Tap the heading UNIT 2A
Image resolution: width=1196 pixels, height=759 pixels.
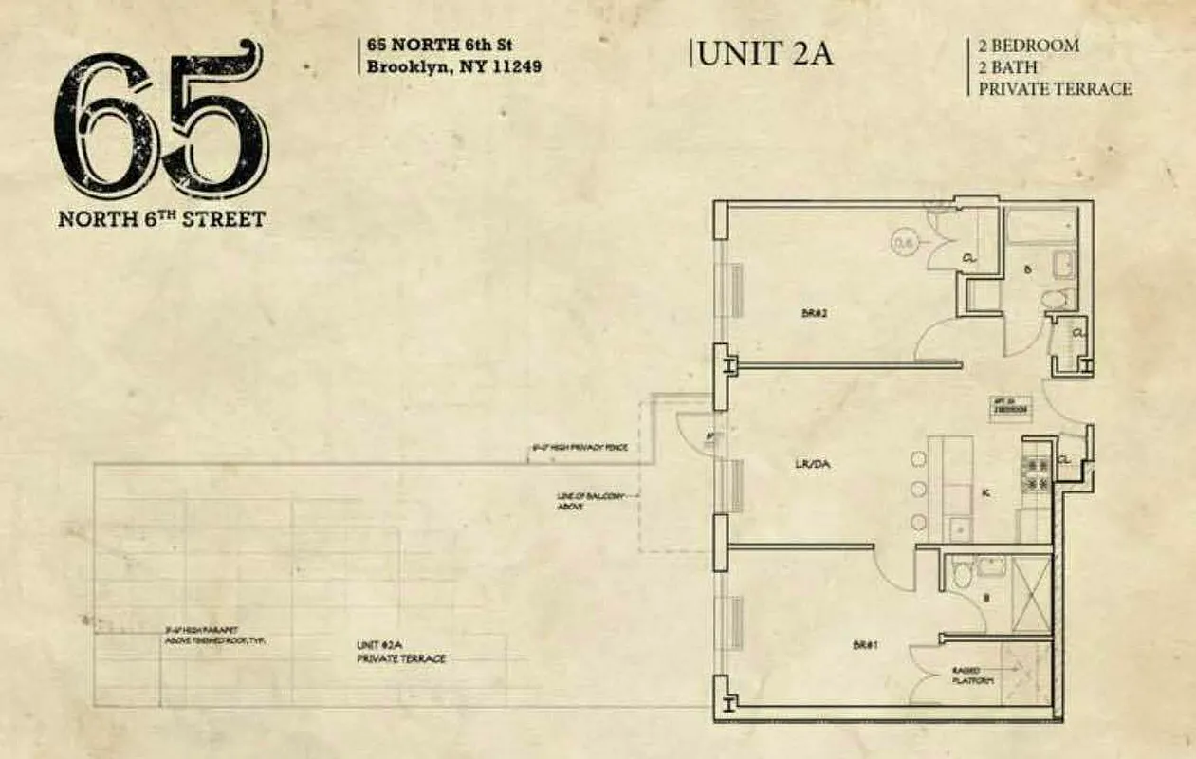click(764, 53)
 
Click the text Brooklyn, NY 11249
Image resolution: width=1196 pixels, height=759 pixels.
click(454, 67)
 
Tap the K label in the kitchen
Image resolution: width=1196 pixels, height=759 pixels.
click(986, 493)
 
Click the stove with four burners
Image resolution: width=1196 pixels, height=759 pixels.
click(1035, 474)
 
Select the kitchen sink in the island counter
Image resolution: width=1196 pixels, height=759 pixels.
click(958, 527)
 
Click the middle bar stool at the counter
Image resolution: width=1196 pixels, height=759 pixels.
click(917, 491)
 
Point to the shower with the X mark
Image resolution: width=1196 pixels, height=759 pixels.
click(1031, 594)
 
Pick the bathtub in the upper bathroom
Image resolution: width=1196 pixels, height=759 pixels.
click(1040, 227)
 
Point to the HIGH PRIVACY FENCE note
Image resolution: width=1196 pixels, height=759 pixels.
click(579, 447)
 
